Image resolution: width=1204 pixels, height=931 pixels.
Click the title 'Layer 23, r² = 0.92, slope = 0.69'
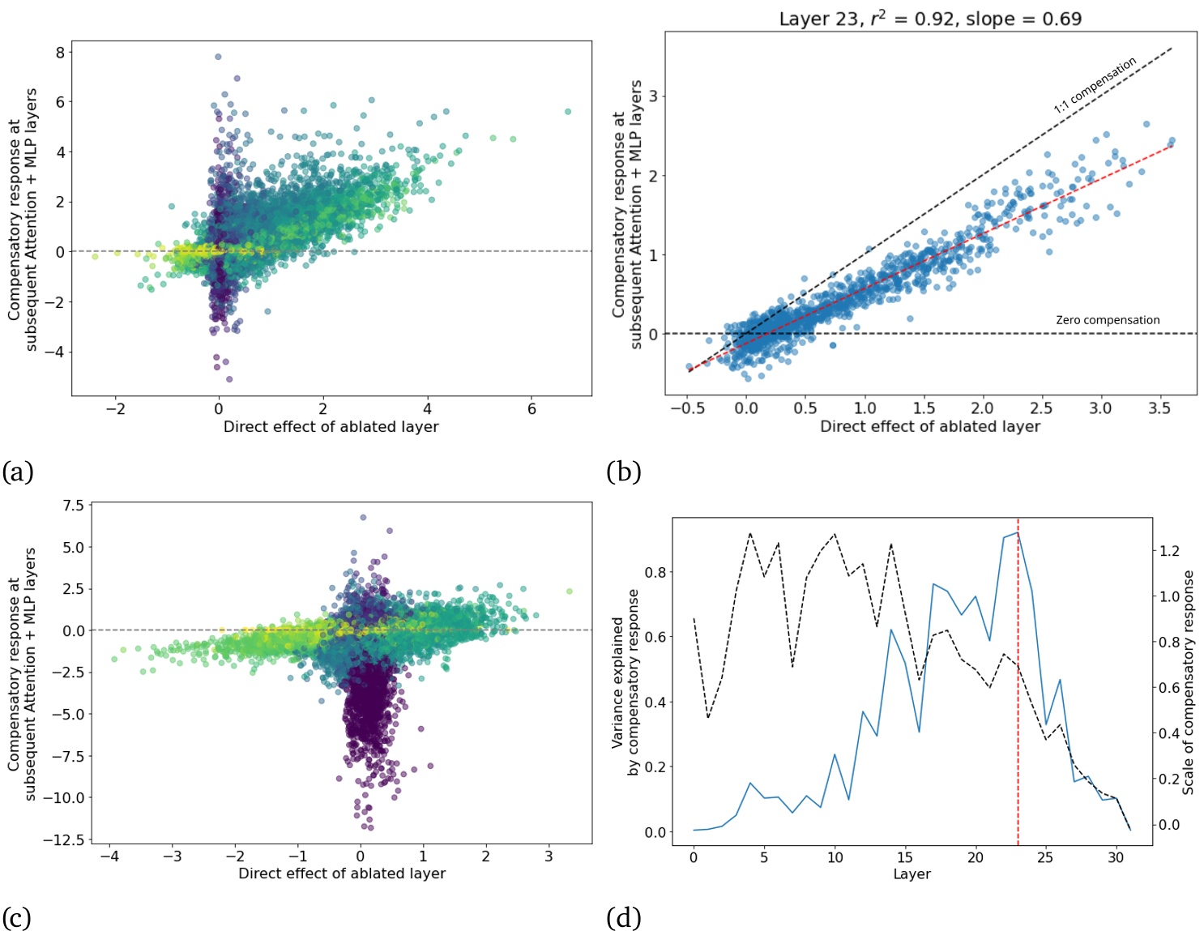click(x=930, y=19)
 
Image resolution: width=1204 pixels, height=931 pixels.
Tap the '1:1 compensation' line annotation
click(x=1095, y=85)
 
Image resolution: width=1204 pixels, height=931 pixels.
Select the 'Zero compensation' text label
click(x=1107, y=320)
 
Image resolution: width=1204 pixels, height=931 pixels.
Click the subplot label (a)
click(x=18, y=472)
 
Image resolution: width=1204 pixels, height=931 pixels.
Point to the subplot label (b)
click(x=623, y=472)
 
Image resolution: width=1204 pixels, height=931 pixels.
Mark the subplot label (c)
click(x=17, y=917)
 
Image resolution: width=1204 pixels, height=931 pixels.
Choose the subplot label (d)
click(x=623, y=917)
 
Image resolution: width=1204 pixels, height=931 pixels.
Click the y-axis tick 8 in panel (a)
click(x=60, y=53)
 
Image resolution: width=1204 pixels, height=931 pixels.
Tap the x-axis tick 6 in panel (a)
click(x=532, y=409)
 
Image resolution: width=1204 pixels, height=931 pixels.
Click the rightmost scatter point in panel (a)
click(x=568, y=112)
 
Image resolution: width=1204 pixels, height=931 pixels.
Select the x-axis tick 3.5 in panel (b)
click(x=1159, y=408)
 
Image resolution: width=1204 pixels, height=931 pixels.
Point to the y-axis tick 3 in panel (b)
click(x=653, y=96)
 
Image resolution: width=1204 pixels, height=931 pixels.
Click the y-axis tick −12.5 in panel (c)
click(x=63, y=839)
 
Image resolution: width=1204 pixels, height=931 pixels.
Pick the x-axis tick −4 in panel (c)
click(x=109, y=856)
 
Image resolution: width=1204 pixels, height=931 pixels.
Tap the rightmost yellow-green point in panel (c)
click(x=570, y=591)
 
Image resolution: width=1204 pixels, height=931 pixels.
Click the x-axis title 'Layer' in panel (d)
click(x=912, y=874)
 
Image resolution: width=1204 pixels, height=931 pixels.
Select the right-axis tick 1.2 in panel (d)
click(x=1169, y=551)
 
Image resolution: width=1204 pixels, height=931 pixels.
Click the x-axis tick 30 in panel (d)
click(x=1116, y=857)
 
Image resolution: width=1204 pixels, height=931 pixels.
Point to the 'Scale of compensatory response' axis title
click(x=1188, y=682)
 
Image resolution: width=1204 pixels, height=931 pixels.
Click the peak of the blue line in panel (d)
click(x=1017, y=533)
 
